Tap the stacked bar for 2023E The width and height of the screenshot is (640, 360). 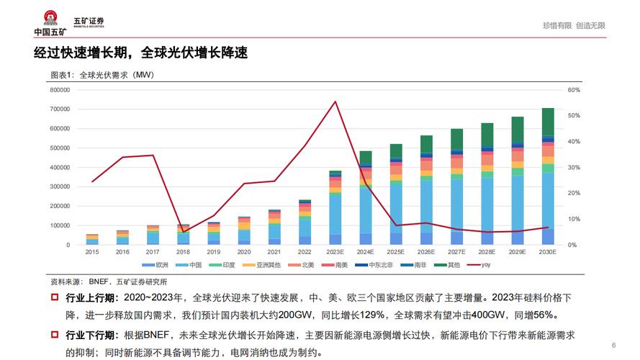(x=335, y=208)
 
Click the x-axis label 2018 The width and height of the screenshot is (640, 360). (x=184, y=252)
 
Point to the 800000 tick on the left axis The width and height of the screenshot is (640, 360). (x=60, y=90)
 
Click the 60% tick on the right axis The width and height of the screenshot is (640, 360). (x=574, y=90)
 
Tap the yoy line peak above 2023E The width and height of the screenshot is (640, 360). (x=335, y=102)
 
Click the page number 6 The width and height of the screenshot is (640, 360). (x=613, y=343)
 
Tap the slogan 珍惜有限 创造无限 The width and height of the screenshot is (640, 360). (x=574, y=25)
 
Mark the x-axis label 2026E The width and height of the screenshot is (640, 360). (x=426, y=252)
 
